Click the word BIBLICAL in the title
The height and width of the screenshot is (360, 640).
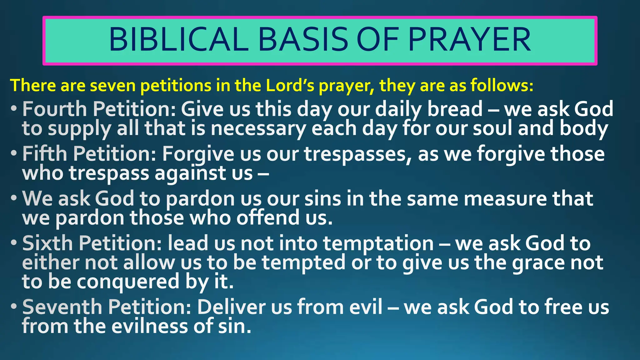[x=178, y=40]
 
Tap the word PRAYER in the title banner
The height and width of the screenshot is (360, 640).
[x=469, y=40]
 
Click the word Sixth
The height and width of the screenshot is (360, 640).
[x=47, y=243]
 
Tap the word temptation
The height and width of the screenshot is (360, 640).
[x=378, y=243]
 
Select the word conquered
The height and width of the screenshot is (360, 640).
[x=128, y=282]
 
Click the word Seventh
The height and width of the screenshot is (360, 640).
[x=62, y=307]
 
